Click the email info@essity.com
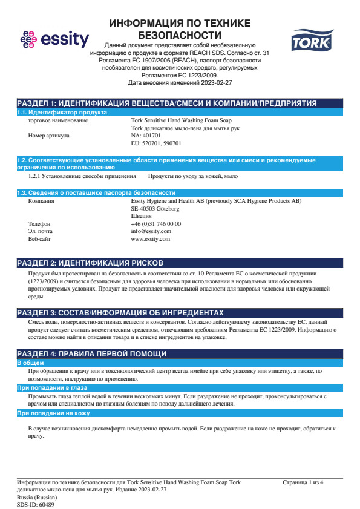point(151,231)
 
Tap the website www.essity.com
point(150,239)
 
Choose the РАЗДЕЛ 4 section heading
point(91,353)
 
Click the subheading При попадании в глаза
point(52,387)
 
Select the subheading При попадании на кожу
point(53,413)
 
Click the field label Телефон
point(39,224)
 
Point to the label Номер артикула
point(49,136)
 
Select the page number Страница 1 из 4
point(303,482)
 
